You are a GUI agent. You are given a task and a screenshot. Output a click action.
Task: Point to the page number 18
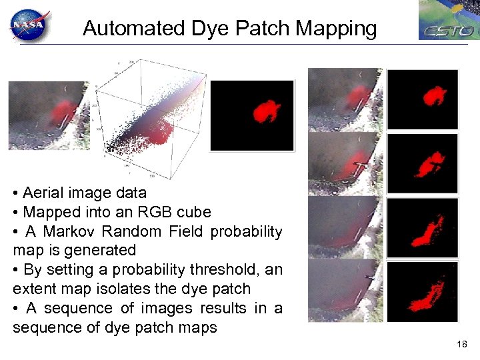pyautogui.click(x=462, y=344)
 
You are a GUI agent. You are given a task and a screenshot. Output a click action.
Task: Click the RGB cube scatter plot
pyautogui.click(x=153, y=120)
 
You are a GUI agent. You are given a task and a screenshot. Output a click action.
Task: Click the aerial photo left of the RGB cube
pyautogui.click(x=48, y=115)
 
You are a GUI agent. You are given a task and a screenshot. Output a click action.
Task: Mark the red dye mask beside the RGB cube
pyautogui.click(x=257, y=115)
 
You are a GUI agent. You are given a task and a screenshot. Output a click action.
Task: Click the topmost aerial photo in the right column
pyautogui.click(x=345, y=99)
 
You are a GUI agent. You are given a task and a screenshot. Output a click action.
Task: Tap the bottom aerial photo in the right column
pyautogui.click(x=345, y=291)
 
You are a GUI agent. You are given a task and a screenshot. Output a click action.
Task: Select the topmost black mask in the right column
pyautogui.click(x=423, y=99)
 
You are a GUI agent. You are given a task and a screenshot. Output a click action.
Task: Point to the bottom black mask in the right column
pyautogui.click(x=423, y=291)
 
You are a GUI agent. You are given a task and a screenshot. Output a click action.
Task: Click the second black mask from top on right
pyautogui.click(x=423, y=163)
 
